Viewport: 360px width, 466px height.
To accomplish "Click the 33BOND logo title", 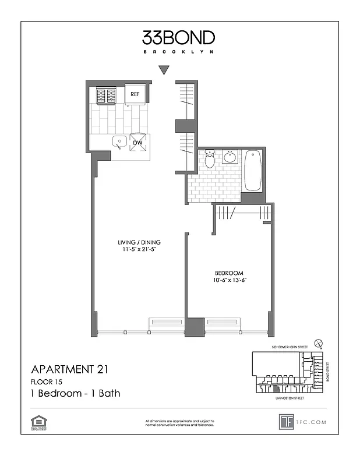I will tap(178, 38).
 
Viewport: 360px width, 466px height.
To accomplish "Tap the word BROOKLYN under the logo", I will tap(178, 51).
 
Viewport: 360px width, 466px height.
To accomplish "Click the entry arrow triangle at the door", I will tap(164, 70).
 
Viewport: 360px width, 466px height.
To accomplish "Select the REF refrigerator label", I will tap(135, 94).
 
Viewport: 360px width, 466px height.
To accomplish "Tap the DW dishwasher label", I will tap(138, 142).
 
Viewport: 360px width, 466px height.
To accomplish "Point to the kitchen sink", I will tap(119, 142).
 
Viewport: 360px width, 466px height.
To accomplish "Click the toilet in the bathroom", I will tap(210, 158).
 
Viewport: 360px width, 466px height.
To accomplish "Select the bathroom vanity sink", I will tap(230, 157).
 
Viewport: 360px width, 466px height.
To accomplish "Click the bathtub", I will tap(253, 170).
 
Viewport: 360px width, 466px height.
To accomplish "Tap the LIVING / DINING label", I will tap(138, 242).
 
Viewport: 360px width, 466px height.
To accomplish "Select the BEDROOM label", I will tap(229, 273).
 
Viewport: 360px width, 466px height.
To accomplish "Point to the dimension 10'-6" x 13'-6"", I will tap(229, 281).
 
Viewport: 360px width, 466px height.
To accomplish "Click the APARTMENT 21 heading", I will tap(69, 369).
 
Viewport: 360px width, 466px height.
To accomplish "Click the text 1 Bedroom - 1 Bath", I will tap(75, 393).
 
